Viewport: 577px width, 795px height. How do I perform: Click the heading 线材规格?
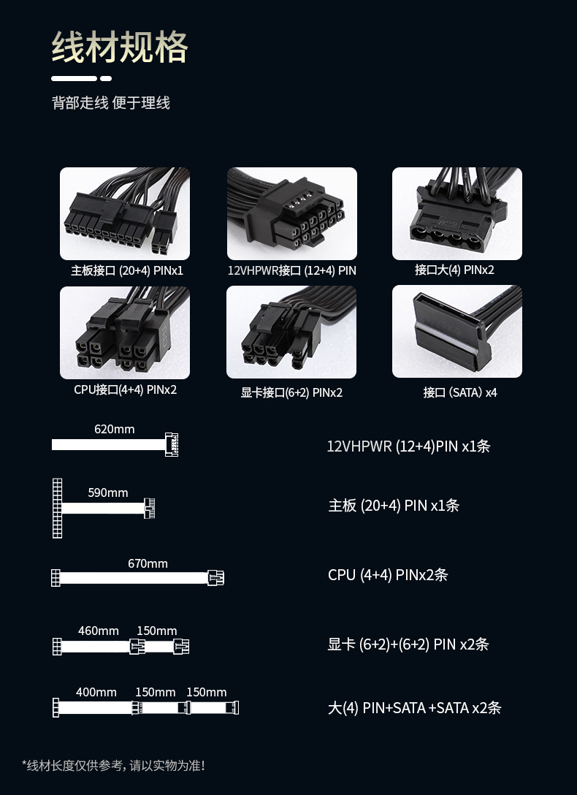click(120, 47)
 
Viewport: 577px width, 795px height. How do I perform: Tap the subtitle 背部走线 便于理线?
click(111, 103)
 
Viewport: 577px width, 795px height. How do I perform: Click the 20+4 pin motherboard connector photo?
click(125, 213)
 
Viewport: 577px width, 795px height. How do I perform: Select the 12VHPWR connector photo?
click(292, 213)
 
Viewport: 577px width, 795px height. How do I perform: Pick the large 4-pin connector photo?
click(457, 213)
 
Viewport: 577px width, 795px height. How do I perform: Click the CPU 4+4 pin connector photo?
click(125, 332)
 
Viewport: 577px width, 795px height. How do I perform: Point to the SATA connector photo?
click(457, 331)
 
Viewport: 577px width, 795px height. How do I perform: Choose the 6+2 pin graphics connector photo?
click(291, 332)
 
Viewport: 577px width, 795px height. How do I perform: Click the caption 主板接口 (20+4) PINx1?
click(127, 271)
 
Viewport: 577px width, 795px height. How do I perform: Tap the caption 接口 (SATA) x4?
click(460, 392)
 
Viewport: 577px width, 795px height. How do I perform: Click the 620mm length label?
click(115, 429)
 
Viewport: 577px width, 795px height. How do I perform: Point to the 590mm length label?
click(108, 492)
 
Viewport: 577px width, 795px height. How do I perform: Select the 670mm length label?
click(148, 563)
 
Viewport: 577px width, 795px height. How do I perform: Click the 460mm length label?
click(99, 631)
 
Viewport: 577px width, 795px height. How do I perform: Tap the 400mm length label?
click(96, 692)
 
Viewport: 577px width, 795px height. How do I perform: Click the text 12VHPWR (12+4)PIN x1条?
click(408, 446)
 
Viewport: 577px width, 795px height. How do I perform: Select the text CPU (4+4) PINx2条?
click(388, 575)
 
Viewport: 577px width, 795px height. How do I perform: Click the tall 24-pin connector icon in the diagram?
click(57, 508)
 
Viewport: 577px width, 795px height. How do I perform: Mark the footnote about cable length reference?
click(113, 766)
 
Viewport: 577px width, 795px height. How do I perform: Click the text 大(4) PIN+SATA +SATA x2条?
click(414, 708)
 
